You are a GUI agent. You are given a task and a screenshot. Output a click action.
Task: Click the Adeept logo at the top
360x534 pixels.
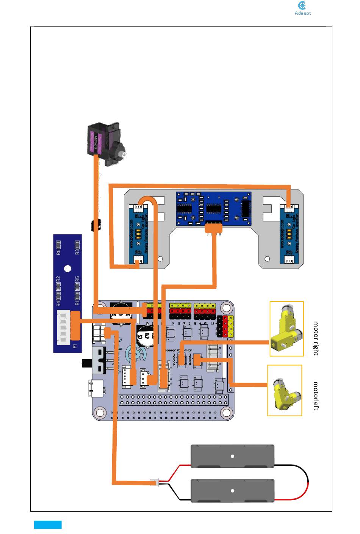click(x=302, y=8)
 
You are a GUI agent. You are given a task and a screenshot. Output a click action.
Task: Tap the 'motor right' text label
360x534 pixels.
click(x=316, y=338)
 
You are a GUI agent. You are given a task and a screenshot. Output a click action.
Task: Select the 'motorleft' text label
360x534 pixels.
click(x=316, y=396)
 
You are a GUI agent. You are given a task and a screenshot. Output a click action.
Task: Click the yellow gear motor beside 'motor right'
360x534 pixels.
click(x=286, y=329)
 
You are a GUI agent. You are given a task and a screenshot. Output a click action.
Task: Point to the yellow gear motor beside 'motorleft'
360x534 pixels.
click(x=285, y=391)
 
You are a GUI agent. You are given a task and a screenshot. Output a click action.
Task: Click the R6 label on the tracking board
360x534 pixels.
click(x=59, y=251)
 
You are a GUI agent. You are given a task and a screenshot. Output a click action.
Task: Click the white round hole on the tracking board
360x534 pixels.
click(x=67, y=269)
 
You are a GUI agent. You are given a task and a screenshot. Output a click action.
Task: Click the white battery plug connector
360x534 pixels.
click(x=155, y=483)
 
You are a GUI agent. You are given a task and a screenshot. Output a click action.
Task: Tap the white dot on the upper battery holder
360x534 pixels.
click(x=233, y=456)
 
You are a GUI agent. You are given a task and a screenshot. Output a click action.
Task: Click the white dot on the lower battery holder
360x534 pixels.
click(x=233, y=491)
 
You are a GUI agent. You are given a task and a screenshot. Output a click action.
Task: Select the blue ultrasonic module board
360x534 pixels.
click(x=213, y=208)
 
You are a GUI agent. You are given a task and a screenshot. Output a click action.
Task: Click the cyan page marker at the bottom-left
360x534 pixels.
click(x=48, y=525)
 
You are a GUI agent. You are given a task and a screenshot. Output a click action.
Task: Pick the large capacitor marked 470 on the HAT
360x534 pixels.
click(x=147, y=336)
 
